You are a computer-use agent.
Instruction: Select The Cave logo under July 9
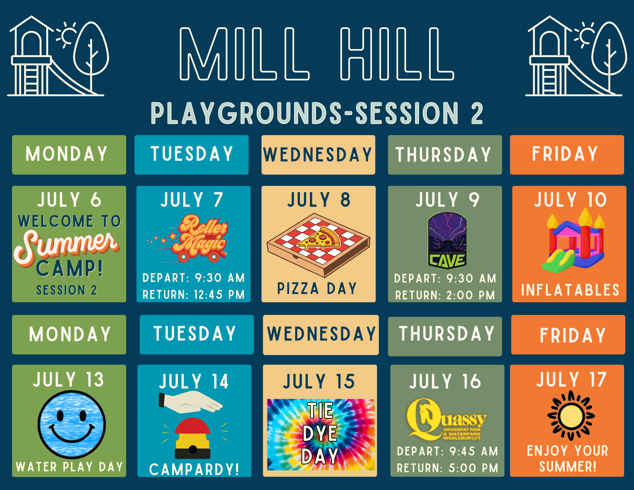click(x=447, y=240)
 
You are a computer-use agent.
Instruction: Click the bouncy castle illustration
click(x=573, y=241)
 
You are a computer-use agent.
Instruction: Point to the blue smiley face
click(x=72, y=424)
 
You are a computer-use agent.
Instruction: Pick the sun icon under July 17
click(x=571, y=415)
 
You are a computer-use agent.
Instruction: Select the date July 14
click(x=194, y=381)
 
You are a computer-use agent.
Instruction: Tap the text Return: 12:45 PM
click(x=194, y=295)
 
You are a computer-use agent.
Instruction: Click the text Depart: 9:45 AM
click(x=447, y=451)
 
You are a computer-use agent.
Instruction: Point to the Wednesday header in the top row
click(x=318, y=155)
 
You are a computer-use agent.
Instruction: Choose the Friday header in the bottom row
click(x=568, y=335)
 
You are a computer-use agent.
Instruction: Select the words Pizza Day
click(x=317, y=289)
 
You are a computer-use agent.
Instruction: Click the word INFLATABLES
click(x=570, y=290)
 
